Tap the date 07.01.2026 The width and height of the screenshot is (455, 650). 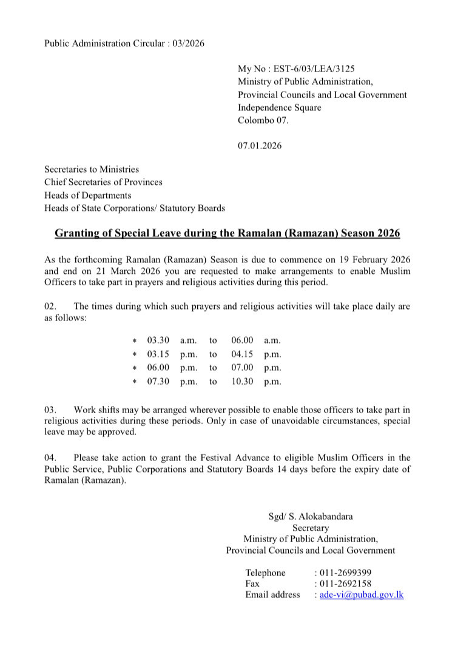[x=259, y=146]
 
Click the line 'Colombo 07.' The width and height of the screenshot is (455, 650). [x=263, y=120]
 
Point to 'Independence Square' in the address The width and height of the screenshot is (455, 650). [x=280, y=107]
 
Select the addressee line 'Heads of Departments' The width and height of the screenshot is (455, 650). [x=87, y=195]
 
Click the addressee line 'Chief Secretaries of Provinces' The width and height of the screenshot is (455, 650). [x=103, y=182]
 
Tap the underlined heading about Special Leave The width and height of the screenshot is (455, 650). [x=227, y=233]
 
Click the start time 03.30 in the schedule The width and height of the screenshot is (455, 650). [x=158, y=340]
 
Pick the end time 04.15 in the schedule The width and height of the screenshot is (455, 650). [x=242, y=354]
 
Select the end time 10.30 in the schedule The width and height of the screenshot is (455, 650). [x=242, y=382]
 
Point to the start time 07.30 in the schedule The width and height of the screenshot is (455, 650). [x=158, y=382]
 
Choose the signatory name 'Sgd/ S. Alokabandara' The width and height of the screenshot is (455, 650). [x=311, y=517]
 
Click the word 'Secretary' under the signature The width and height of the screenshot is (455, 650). [x=311, y=528]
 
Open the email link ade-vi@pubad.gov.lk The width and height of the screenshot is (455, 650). [x=361, y=595]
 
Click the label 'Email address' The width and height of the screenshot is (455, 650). [x=272, y=595]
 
